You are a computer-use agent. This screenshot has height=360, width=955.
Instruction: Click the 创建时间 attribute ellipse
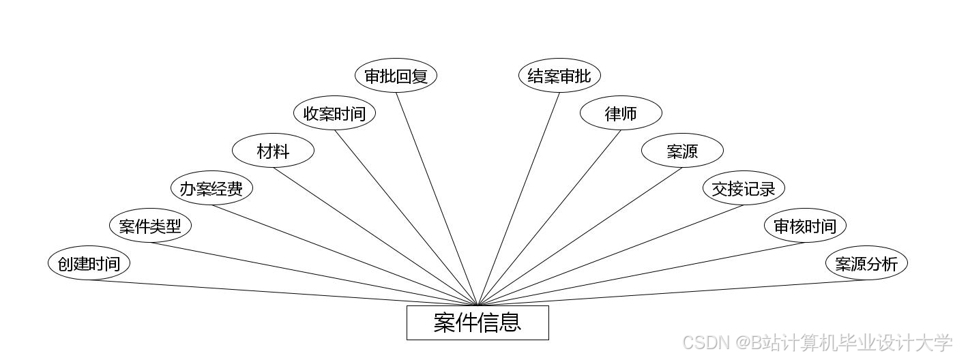click(x=89, y=263)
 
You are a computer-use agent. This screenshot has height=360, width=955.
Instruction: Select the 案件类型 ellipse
click(x=150, y=226)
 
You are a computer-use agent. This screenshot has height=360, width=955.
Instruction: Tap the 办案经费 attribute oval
click(x=211, y=188)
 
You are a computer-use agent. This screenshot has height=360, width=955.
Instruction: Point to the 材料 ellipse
click(x=273, y=151)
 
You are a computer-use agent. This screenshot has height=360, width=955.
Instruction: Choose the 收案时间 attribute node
click(x=334, y=113)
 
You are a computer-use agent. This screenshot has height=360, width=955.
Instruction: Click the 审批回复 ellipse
click(x=396, y=76)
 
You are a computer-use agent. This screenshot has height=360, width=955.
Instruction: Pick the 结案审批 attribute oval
click(x=559, y=76)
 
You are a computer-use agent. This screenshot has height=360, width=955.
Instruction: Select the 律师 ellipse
click(x=621, y=113)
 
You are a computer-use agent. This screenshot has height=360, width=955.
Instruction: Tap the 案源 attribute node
click(x=682, y=151)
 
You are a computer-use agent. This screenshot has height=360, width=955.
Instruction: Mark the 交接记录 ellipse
click(x=744, y=188)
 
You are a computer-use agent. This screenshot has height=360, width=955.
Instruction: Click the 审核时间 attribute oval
click(x=805, y=226)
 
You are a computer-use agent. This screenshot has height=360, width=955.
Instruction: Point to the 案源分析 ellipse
click(x=866, y=263)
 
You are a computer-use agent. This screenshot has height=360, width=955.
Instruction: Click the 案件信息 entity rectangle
click(x=477, y=322)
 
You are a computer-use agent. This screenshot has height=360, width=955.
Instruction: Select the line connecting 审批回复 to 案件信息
click(x=437, y=198)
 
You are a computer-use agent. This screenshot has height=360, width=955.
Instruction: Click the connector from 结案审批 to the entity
click(x=518, y=198)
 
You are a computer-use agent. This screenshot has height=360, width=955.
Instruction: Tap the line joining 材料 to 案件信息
click(x=375, y=237)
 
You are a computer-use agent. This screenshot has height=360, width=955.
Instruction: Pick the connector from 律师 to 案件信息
click(x=549, y=217)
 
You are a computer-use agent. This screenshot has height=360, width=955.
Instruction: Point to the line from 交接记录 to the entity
click(x=611, y=255)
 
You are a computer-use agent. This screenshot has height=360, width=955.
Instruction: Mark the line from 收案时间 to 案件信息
click(x=406, y=217)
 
